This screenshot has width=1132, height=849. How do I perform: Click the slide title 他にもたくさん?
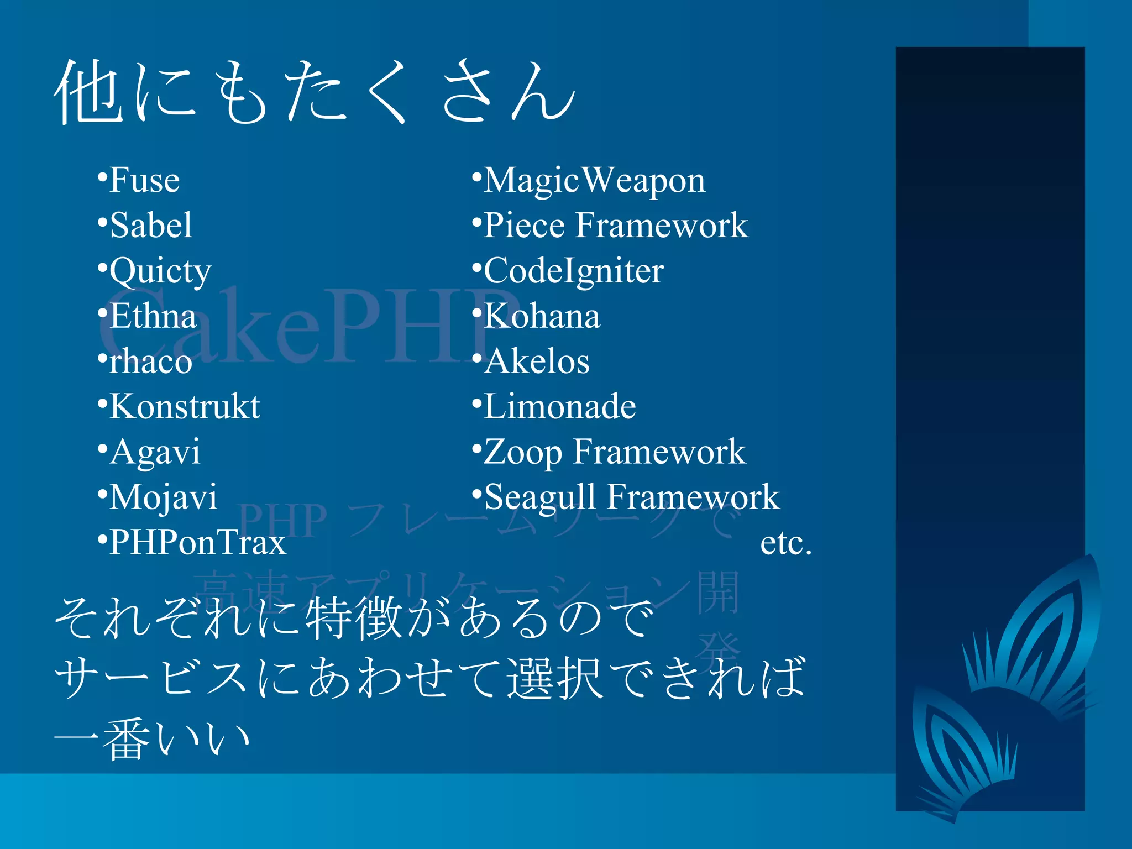pyautogui.click(x=315, y=91)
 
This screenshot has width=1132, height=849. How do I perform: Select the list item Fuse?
pyautogui.click(x=144, y=180)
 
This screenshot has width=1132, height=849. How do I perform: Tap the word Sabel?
pyautogui.click(x=151, y=226)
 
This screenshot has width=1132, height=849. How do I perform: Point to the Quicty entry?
pyautogui.click(x=160, y=272)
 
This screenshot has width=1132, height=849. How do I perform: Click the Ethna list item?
pyautogui.click(x=153, y=316)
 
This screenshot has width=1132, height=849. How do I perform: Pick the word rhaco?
pyautogui.click(x=150, y=362)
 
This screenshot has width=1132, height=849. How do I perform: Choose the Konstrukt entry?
pyautogui.click(x=185, y=407)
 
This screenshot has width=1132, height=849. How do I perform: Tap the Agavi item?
pyautogui.click(x=155, y=453)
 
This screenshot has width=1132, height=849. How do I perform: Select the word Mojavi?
pyautogui.click(x=163, y=497)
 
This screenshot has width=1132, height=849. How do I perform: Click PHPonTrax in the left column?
pyautogui.click(x=197, y=543)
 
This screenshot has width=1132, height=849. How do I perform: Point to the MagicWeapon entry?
pyautogui.click(x=594, y=181)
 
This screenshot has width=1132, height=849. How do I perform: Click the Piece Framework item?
pyautogui.click(x=616, y=226)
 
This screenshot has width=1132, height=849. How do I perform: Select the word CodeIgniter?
pyautogui.click(x=574, y=271)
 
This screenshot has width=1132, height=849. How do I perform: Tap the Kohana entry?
pyautogui.click(x=542, y=316)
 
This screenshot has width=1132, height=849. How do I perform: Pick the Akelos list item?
pyautogui.click(x=537, y=361)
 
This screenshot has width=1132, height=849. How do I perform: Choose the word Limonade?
pyautogui.click(x=560, y=407)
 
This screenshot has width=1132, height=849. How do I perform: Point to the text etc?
pyautogui.click(x=785, y=543)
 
